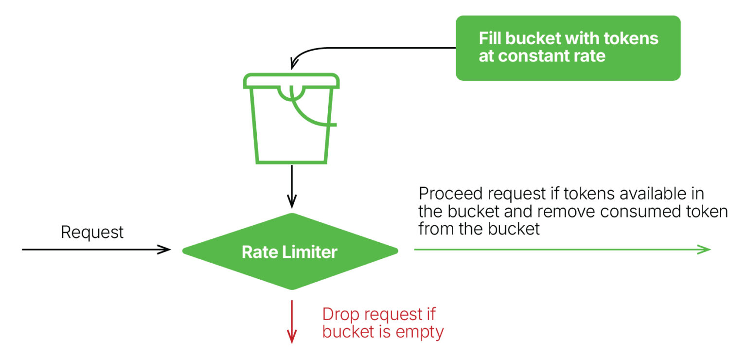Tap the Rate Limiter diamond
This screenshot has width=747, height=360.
pos(290,252)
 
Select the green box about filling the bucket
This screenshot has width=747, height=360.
pos(568,48)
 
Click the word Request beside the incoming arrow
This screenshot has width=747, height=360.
pos(92,233)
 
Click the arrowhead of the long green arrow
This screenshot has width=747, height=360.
pos(706,250)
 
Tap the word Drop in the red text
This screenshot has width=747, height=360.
pos(341,314)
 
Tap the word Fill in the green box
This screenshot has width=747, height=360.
pos(490,38)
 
